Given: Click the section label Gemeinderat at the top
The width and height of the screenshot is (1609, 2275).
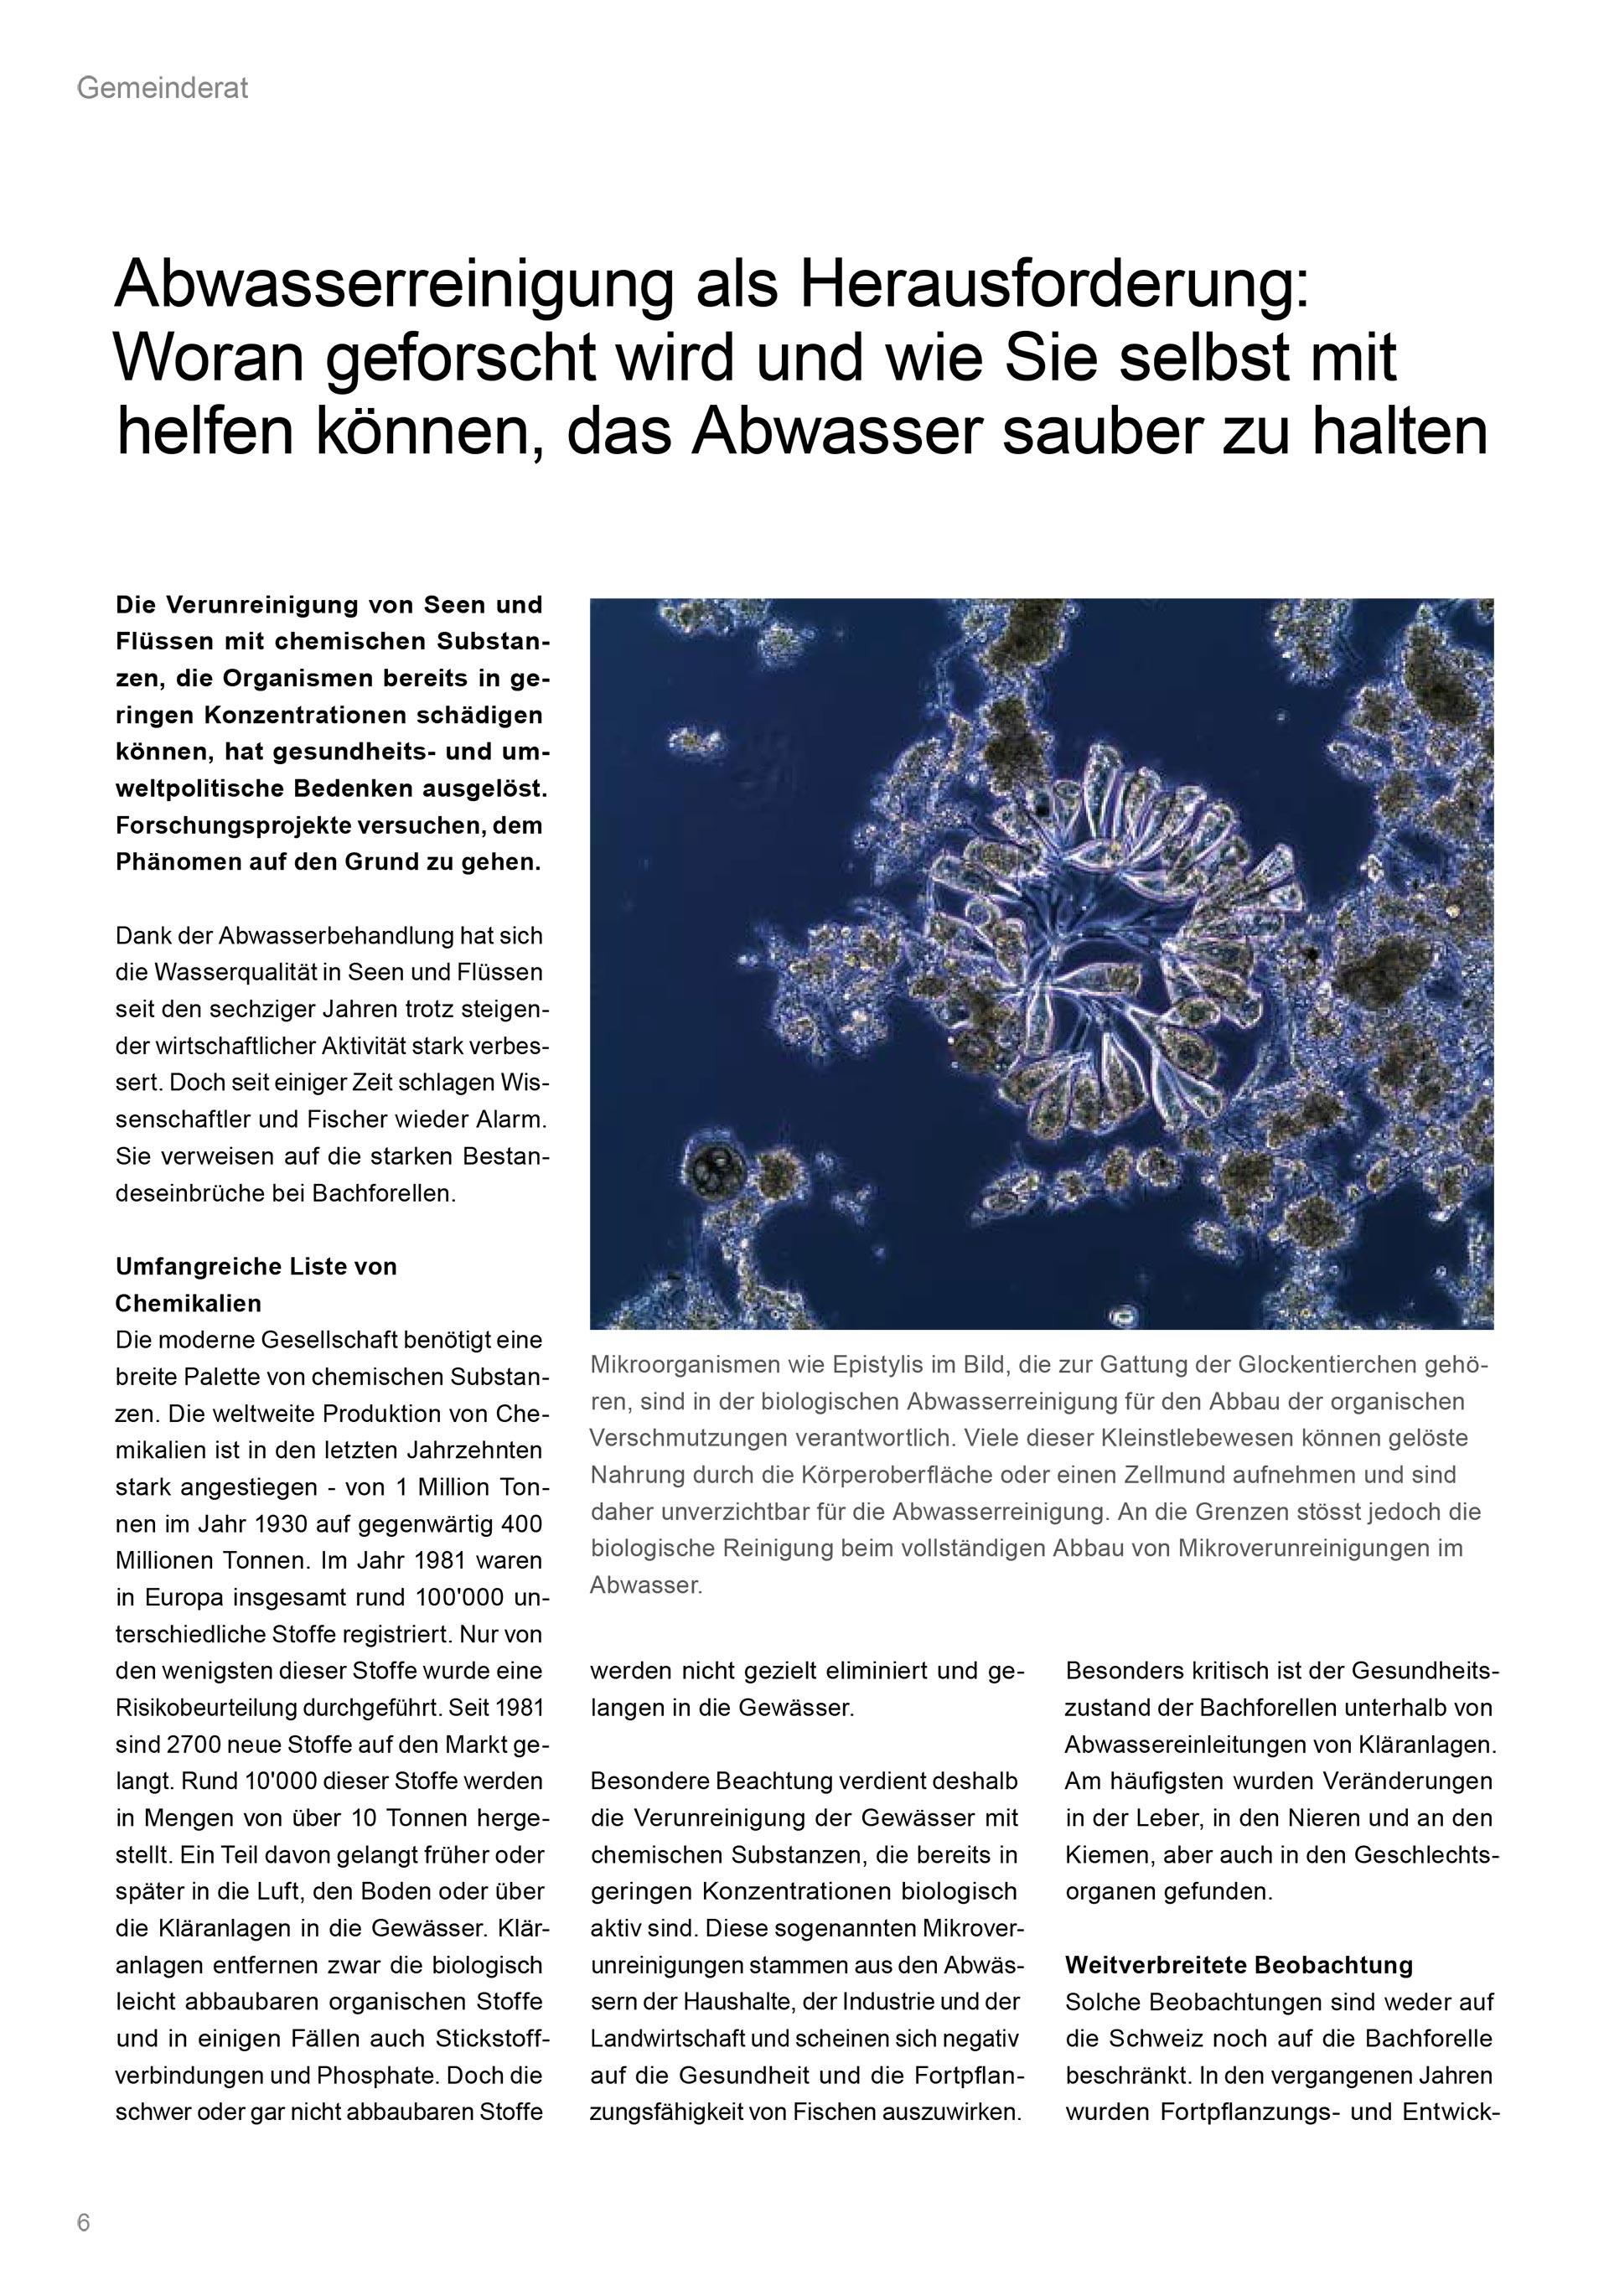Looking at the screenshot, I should pyautogui.click(x=162, y=89).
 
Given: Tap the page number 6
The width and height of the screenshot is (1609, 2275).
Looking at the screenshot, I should pyautogui.click(x=83, y=2222).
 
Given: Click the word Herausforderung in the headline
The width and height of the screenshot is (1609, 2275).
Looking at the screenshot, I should pyautogui.click(x=1053, y=287).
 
